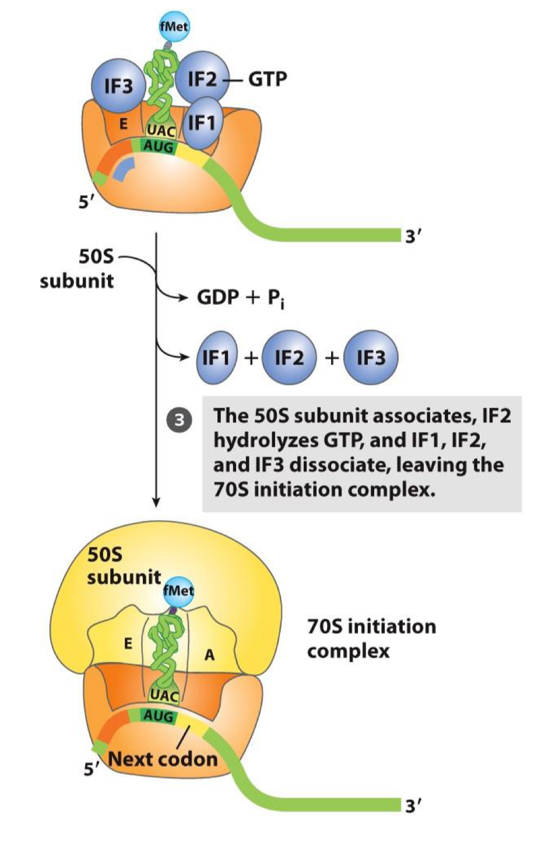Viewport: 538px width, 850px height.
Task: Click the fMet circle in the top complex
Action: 174,26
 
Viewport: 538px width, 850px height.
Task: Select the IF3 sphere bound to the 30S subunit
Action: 118,86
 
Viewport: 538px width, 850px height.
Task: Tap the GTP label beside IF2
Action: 268,78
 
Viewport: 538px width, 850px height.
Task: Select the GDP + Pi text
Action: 240,297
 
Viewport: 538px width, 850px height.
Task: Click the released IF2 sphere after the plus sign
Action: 289,357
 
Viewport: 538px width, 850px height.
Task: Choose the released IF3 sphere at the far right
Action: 371,357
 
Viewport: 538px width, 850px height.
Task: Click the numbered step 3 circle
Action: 180,420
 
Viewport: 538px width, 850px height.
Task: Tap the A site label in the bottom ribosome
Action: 209,655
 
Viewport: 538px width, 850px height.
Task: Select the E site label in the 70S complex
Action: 128,644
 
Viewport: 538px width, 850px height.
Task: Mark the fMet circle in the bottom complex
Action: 178,590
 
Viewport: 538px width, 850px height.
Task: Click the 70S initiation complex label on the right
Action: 371,638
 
